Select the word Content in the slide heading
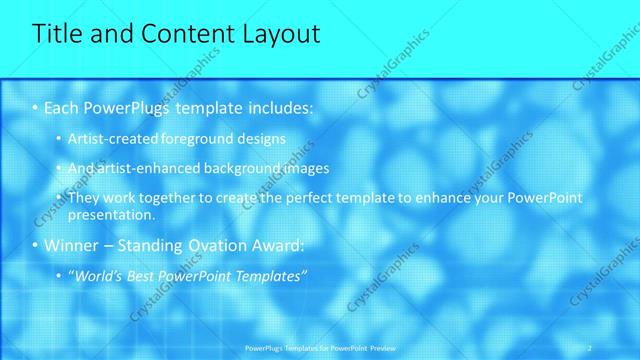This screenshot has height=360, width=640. (x=173, y=34)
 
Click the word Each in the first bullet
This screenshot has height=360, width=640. (x=63, y=107)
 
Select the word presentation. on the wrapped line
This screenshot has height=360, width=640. (x=111, y=214)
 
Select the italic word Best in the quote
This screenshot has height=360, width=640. (x=143, y=276)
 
